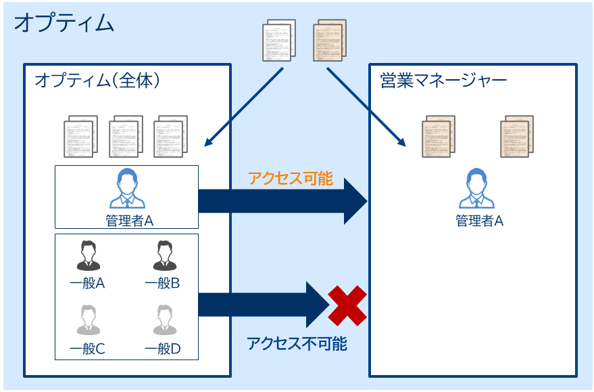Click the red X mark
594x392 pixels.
click(x=347, y=305)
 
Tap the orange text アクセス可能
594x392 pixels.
click(x=290, y=179)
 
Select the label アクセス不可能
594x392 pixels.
click(x=297, y=344)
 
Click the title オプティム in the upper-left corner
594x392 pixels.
click(x=64, y=23)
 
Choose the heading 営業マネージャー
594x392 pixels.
click(x=443, y=81)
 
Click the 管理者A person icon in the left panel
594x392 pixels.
click(x=126, y=189)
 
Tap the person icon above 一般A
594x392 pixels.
click(x=88, y=255)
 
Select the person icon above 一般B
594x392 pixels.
click(x=163, y=255)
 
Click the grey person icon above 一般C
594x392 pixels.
click(x=88, y=320)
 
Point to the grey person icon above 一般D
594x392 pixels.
click(x=163, y=320)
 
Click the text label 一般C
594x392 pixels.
click(x=87, y=349)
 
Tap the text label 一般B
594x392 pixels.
click(x=162, y=284)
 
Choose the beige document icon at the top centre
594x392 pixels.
click(x=330, y=40)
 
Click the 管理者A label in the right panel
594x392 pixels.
click(x=480, y=221)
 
